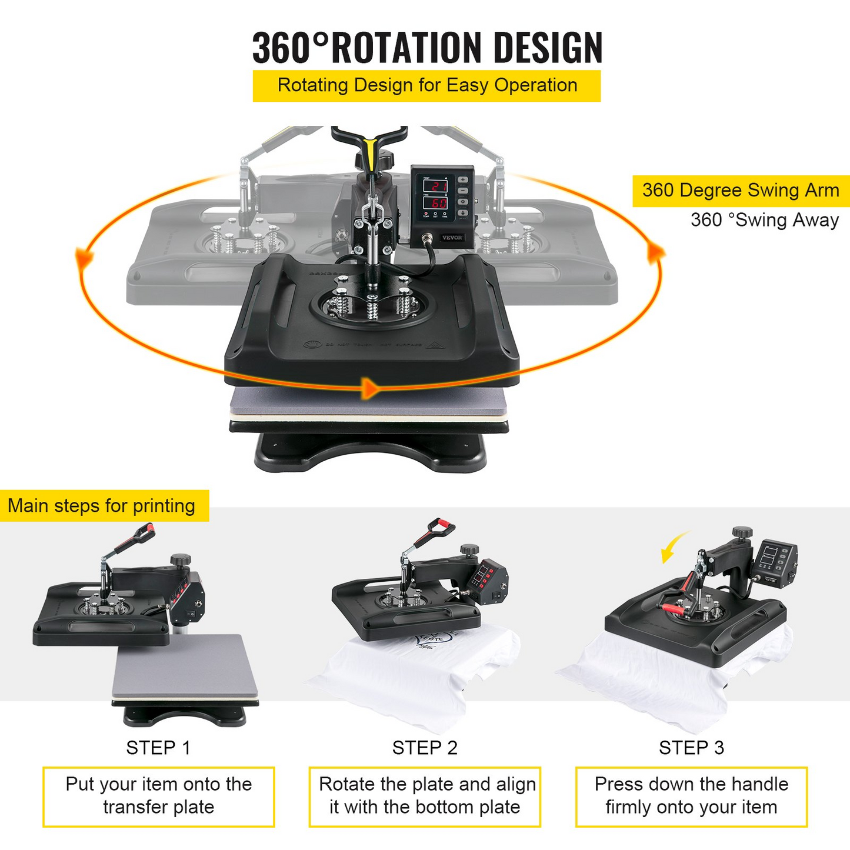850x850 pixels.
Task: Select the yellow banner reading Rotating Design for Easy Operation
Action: point(426,86)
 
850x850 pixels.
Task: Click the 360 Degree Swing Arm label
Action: point(741,191)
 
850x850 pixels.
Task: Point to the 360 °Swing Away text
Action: point(764,220)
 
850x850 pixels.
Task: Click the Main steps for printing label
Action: point(102,506)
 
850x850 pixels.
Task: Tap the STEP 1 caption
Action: point(158,748)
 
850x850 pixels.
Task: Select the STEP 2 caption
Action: point(425,748)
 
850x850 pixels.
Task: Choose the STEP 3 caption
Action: point(691,748)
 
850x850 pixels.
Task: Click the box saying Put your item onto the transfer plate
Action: point(158,796)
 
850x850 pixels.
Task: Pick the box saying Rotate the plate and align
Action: point(425,796)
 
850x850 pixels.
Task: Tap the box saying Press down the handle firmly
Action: point(691,796)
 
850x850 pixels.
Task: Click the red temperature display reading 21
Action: point(436,186)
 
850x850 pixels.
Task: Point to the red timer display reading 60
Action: point(436,204)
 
